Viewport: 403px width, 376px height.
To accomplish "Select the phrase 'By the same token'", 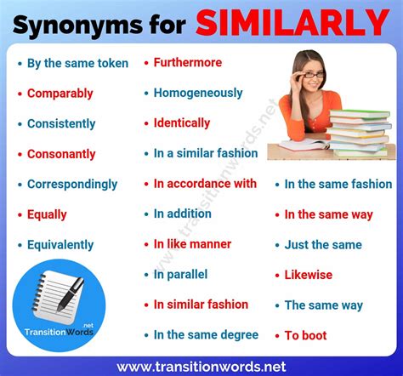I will click(77, 63).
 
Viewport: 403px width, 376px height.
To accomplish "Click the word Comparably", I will click(60, 94).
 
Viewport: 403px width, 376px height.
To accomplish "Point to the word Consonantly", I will click(61, 154).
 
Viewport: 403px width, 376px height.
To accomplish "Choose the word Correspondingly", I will click(72, 184).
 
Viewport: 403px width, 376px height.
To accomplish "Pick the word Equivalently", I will click(60, 245).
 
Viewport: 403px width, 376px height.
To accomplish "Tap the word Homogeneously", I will click(198, 93).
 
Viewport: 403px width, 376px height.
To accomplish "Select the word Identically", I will click(182, 123).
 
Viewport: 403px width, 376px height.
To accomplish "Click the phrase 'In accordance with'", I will click(205, 184).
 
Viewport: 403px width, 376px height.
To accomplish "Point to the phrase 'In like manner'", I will click(192, 244).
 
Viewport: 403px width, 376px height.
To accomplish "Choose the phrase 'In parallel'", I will click(180, 275).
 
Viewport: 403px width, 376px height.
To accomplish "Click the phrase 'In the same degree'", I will click(206, 335).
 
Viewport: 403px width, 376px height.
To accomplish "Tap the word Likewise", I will click(308, 275).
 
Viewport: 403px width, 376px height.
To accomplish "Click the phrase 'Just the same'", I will click(322, 245).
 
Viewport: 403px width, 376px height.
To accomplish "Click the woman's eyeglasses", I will click(311, 74).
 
